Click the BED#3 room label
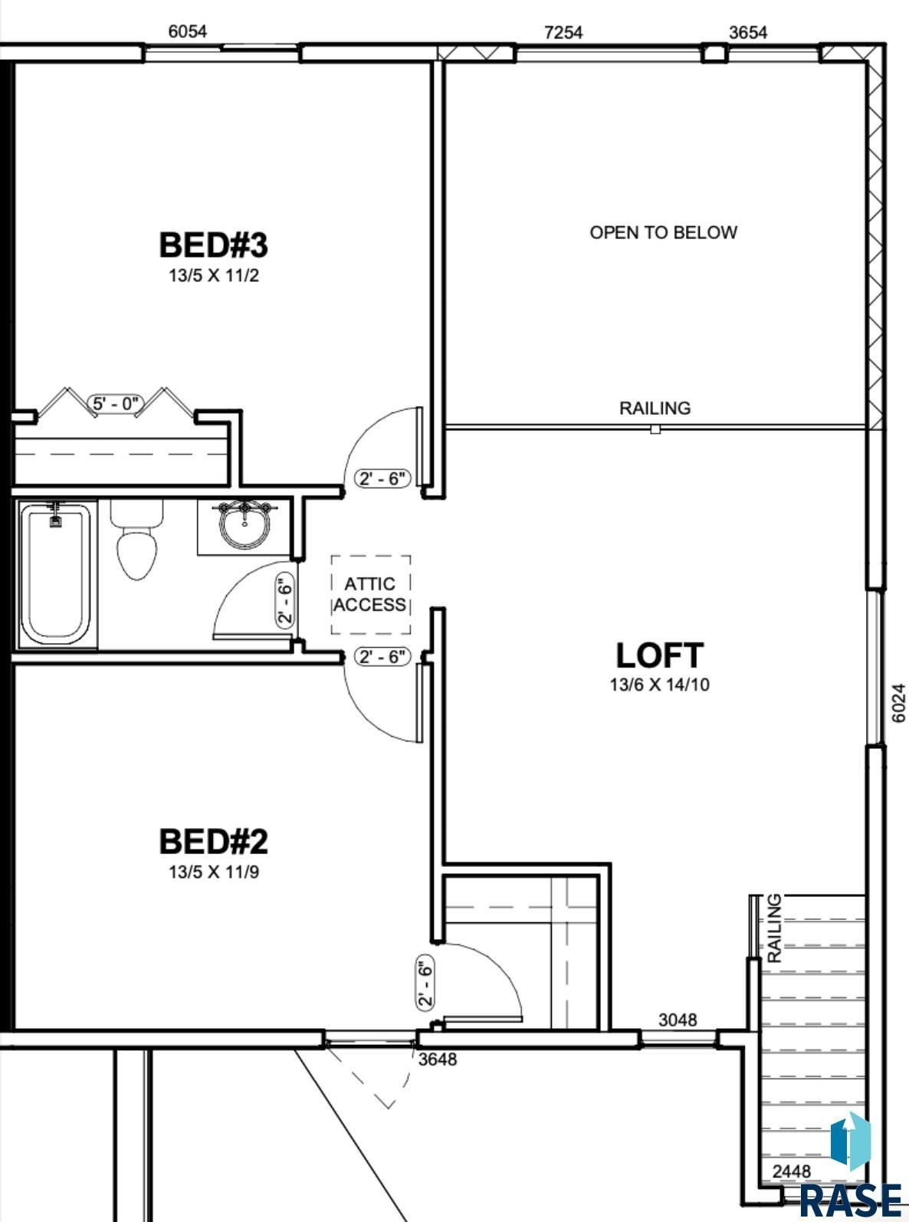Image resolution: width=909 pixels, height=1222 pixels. [213, 245]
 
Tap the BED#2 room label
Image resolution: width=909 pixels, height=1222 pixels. [213, 842]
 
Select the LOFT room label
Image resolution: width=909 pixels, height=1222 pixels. [659, 655]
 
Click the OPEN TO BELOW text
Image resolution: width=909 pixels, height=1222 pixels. [663, 232]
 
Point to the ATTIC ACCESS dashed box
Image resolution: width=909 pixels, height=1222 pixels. [370, 595]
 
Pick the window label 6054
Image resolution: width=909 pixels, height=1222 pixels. [188, 31]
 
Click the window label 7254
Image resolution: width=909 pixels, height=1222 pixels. [563, 32]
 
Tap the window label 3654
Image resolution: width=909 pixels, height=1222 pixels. [748, 32]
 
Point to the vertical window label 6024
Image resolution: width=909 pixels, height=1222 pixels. [899, 702]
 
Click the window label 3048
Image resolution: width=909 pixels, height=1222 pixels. [678, 1020]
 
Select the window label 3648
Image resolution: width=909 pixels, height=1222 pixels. [438, 1059]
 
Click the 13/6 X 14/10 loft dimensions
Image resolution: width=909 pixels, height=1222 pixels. [659, 685]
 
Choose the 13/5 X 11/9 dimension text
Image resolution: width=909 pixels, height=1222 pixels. [214, 872]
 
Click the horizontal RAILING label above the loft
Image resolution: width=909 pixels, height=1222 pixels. [655, 408]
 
